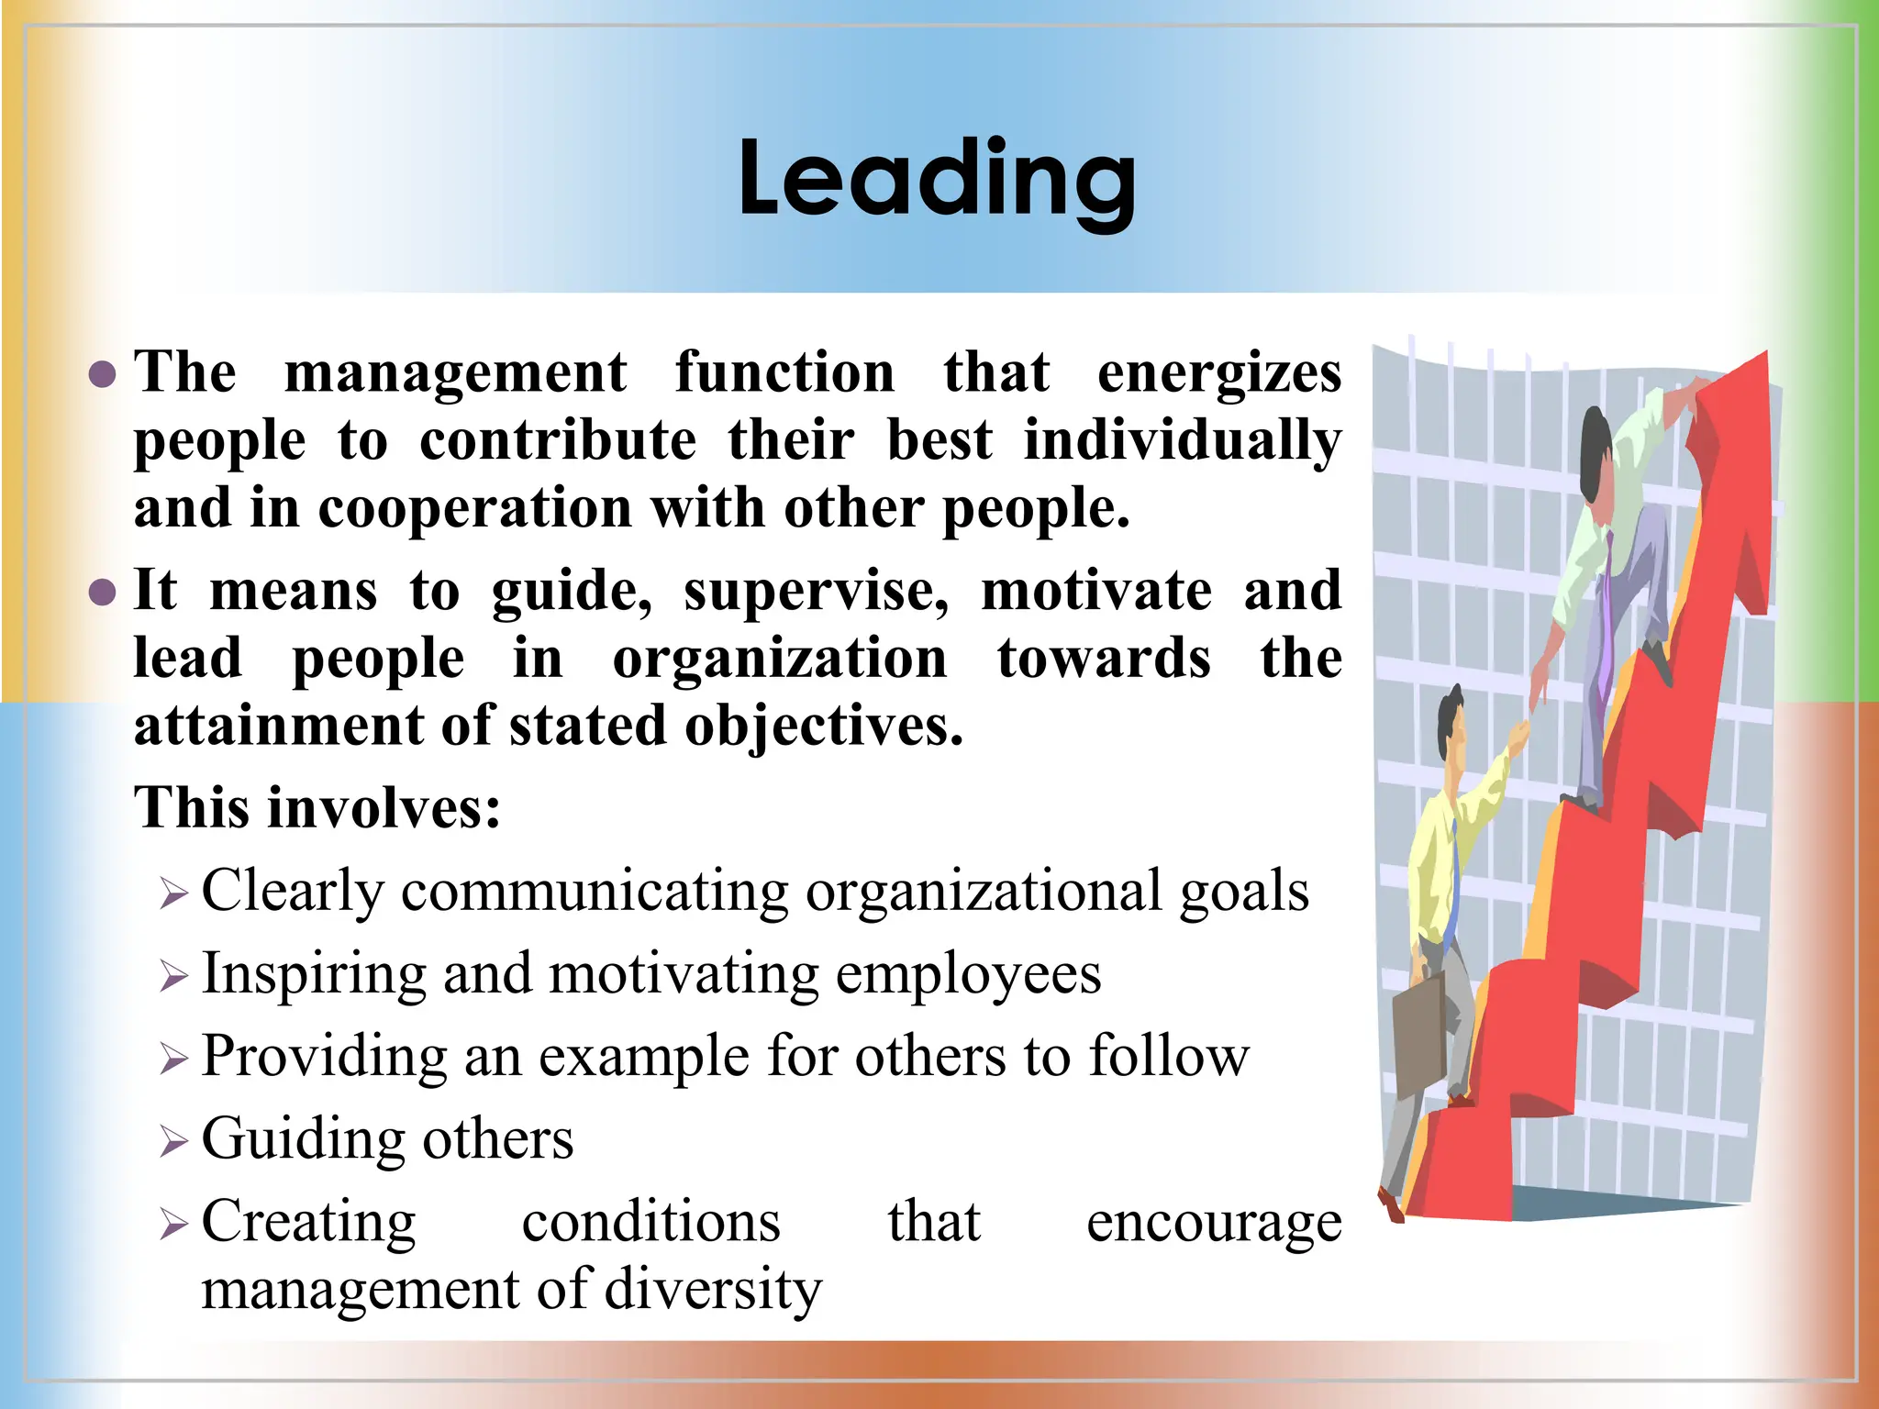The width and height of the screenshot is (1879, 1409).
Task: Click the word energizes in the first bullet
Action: click(x=1219, y=373)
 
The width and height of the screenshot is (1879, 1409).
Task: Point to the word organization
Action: click(x=780, y=659)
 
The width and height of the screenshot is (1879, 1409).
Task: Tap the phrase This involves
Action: click(x=317, y=808)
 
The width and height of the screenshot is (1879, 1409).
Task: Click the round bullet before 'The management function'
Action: click(x=103, y=374)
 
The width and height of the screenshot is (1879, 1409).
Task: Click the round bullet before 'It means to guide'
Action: click(x=103, y=592)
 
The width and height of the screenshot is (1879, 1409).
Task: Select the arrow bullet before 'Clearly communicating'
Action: click(x=172, y=893)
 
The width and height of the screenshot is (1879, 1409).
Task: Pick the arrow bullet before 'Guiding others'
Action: click(x=172, y=1141)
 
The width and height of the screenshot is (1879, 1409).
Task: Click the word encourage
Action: click(x=1213, y=1223)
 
